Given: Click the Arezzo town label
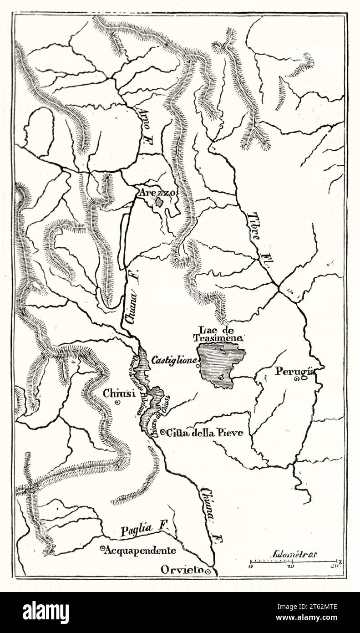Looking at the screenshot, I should [x=157, y=193].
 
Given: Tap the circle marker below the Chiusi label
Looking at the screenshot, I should [x=117, y=403].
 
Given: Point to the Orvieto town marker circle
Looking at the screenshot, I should [x=208, y=571].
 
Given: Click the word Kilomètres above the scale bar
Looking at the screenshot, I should [x=295, y=554].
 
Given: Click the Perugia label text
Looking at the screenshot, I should [x=294, y=371].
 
